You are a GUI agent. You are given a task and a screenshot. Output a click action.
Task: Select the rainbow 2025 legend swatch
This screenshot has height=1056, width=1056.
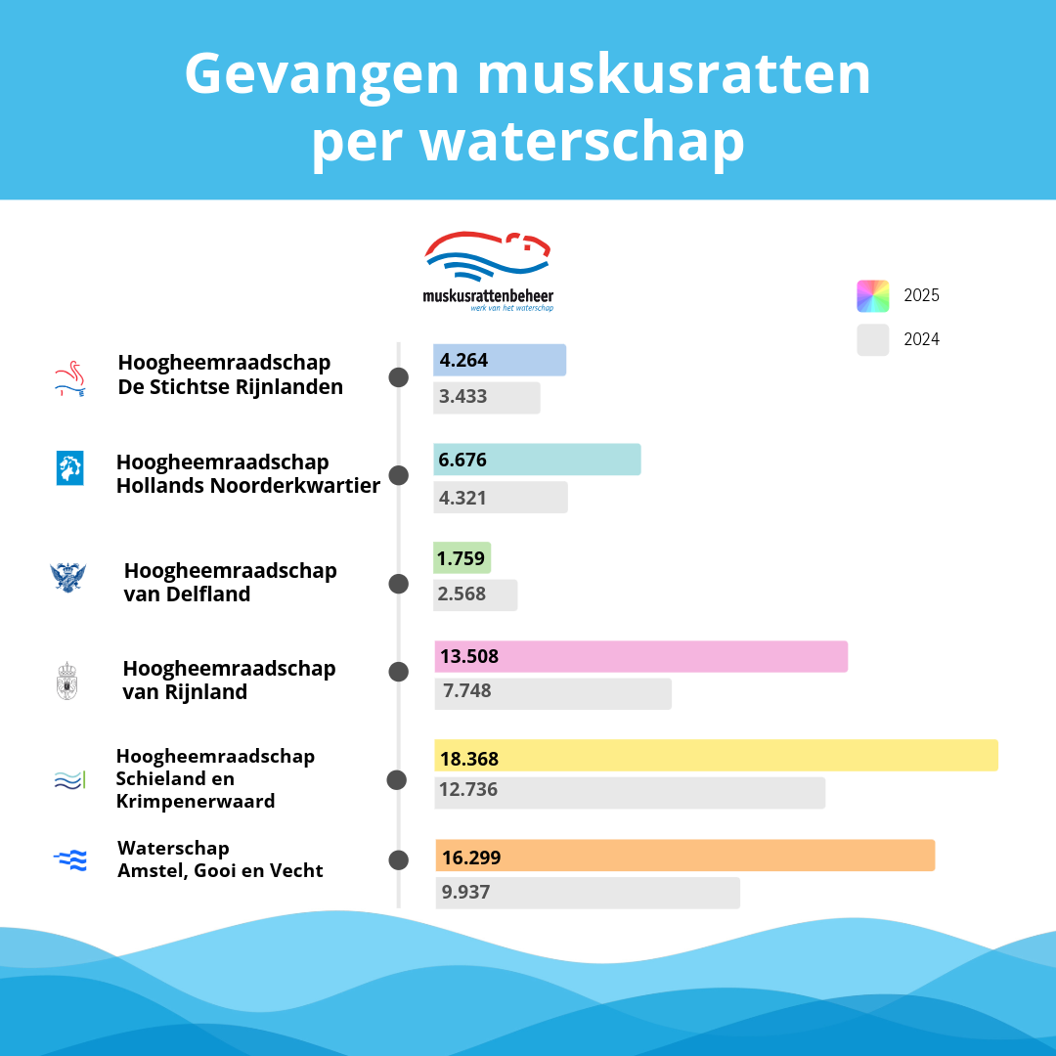click(x=872, y=295)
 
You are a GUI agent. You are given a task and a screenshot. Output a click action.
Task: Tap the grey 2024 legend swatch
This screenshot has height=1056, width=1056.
click(x=872, y=339)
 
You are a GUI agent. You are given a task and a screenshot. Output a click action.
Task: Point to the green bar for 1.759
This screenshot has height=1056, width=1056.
click(x=462, y=558)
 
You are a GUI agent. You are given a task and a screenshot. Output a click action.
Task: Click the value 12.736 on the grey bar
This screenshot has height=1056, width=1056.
click(x=468, y=790)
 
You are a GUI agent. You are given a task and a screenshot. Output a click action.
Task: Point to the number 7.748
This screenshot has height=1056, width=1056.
click(x=466, y=691)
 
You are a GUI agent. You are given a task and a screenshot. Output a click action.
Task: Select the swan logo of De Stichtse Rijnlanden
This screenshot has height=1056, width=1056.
click(x=69, y=380)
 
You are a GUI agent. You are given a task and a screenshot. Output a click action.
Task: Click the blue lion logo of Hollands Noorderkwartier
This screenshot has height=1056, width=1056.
click(x=69, y=468)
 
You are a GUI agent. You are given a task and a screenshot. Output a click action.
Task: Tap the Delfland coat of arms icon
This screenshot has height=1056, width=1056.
click(x=68, y=577)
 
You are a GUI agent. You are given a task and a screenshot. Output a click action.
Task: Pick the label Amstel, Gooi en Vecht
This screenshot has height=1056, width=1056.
click(x=220, y=870)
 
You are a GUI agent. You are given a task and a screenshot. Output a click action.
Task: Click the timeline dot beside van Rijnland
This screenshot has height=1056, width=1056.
click(x=398, y=672)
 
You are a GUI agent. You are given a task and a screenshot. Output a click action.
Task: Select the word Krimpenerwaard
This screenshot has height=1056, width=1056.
click(x=196, y=802)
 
